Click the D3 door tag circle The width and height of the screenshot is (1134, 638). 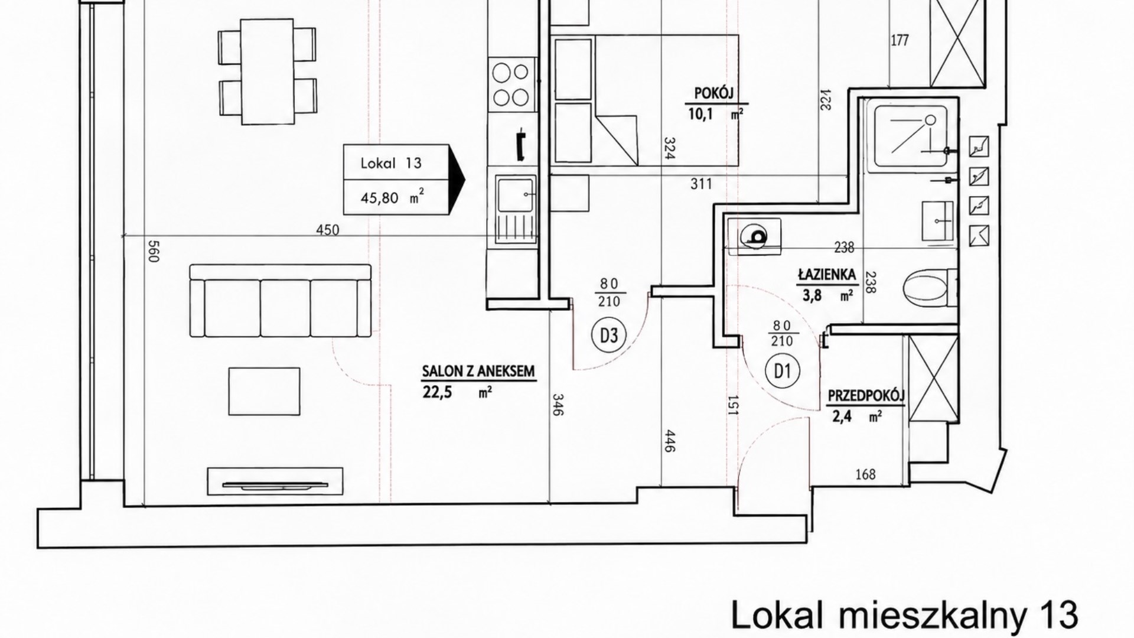click(x=609, y=336)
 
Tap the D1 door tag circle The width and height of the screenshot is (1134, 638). click(x=782, y=371)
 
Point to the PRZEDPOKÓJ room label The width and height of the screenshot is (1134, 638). click(x=866, y=395)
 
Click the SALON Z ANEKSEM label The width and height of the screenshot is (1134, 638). click(x=478, y=372)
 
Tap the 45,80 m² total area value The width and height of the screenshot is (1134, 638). click(x=392, y=197)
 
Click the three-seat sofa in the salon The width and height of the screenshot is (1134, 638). click(x=281, y=301)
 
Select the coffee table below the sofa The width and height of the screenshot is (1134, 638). click(x=264, y=391)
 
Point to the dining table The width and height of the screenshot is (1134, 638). click(x=268, y=71)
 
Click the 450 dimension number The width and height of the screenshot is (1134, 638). click(x=328, y=230)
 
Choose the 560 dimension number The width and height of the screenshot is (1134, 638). click(x=153, y=251)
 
